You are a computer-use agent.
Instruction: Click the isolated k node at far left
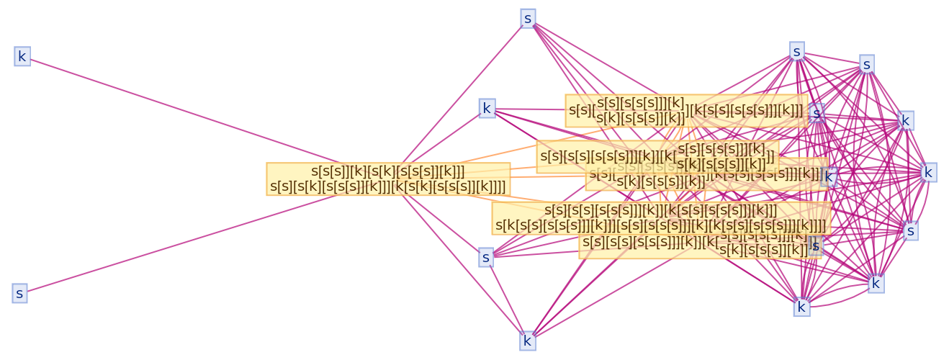click(x=22, y=56)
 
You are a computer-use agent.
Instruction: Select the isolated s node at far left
click(x=19, y=294)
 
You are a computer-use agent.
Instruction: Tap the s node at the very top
click(x=528, y=19)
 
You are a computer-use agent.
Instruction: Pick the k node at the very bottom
click(x=528, y=341)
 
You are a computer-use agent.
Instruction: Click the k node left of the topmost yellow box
click(x=487, y=109)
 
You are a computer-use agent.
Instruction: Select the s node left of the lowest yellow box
click(x=486, y=257)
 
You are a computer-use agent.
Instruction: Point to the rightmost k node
click(x=928, y=173)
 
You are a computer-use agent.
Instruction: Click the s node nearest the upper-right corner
click(x=867, y=65)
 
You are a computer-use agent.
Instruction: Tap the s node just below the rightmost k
click(x=911, y=231)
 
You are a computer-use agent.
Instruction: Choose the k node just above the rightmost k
click(x=906, y=120)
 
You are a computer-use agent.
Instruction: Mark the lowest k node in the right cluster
click(x=801, y=307)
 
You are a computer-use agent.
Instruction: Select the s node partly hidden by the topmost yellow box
click(x=817, y=114)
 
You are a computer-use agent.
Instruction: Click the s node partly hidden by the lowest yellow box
click(x=816, y=246)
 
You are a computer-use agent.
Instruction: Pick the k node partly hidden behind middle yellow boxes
click(x=830, y=177)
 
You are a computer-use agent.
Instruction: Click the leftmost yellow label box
click(x=388, y=179)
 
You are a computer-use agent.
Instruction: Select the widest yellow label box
click(x=661, y=218)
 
